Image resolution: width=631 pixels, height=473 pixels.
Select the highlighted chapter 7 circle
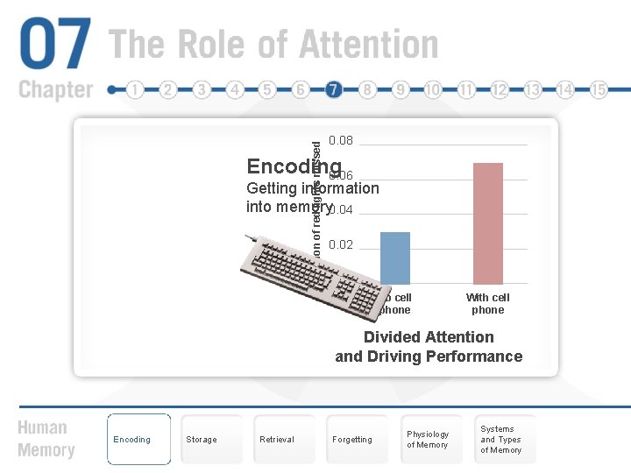click(333, 89)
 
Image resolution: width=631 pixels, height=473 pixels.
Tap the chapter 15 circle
click(599, 89)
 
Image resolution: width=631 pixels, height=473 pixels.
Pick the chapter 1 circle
click(134, 89)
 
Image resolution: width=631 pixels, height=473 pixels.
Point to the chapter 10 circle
click(433, 89)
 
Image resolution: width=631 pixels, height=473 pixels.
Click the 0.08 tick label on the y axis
click(340, 141)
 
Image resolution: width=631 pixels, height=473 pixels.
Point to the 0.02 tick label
click(340, 244)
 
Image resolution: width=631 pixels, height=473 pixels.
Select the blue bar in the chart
click(395, 258)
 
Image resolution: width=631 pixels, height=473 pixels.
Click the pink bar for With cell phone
click(487, 223)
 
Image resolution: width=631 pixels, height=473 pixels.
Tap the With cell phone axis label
click(487, 303)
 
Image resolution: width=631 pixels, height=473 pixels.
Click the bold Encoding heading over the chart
click(293, 166)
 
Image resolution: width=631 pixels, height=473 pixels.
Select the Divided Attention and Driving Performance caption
click(429, 347)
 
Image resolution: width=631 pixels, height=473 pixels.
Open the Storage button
click(202, 439)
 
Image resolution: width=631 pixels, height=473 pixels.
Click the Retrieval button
click(277, 439)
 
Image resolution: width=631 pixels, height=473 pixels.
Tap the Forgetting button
click(352, 439)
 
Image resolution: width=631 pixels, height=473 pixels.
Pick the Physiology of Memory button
click(428, 439)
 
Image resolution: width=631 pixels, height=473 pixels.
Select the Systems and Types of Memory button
click(500, 439)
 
